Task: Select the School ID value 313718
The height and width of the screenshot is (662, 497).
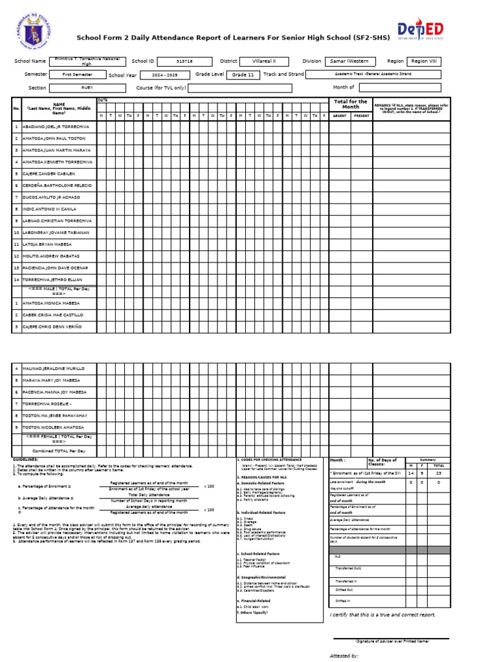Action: (x=184, y=61)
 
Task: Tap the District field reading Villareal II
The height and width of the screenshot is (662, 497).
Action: (x=265, y=61)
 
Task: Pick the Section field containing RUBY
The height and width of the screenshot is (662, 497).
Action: (x=87, y=87)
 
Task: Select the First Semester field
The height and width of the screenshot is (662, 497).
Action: (x=78, y=74)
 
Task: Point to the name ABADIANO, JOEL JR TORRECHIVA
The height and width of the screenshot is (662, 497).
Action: (x=56, y=127)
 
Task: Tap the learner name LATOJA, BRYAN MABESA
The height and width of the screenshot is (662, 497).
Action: (x=47, y=244)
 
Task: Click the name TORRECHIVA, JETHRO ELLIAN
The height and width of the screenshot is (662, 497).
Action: (x=52, y=279)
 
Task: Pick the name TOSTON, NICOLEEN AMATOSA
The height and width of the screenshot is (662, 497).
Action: (x=54, y=427)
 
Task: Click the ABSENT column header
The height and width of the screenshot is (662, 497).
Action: (x=340, y=115)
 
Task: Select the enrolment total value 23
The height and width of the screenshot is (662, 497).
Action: (x=438, y=473)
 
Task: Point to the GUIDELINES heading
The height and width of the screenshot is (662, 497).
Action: (x=26, y=459)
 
